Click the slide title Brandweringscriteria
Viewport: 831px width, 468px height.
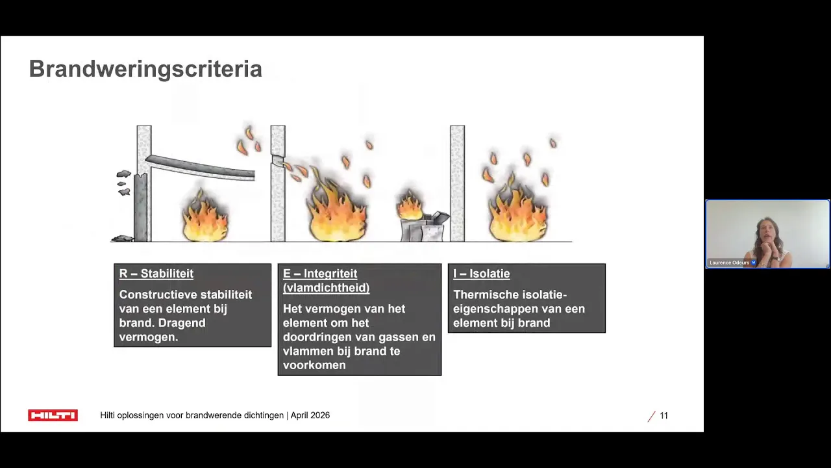coord(145,70)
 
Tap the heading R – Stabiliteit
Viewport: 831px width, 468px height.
coord(156,274)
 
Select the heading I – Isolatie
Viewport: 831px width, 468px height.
coord(482,274)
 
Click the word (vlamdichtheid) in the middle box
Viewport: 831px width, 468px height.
coord(326,288)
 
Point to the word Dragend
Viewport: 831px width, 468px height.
coord(181,323)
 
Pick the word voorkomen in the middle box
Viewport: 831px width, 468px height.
coord(314,365)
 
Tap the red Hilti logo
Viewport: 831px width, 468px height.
coord(53,415)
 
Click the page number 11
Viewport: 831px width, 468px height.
coord(664,415)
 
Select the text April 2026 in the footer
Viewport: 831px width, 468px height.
coord(310,415)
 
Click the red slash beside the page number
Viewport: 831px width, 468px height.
coord(651,416)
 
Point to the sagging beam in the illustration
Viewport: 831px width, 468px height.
coord(201,168)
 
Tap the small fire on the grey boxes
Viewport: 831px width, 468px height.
coord(410,205)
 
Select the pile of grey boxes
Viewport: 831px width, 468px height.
coord(425,227)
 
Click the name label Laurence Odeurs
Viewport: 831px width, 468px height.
coord(729,263)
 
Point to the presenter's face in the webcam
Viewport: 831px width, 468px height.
coord(768,233)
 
